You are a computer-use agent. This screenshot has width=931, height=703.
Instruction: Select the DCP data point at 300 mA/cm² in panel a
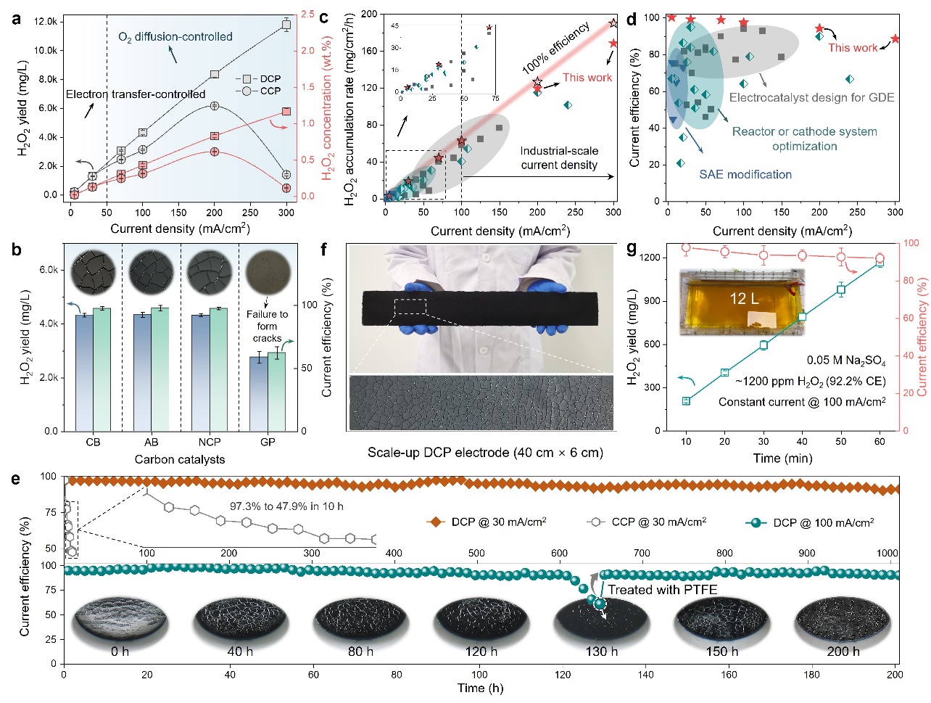[286, 25]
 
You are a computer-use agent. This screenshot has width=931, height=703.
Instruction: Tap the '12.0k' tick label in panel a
[46, 22]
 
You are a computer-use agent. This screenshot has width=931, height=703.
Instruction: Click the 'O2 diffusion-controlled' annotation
[175, 36]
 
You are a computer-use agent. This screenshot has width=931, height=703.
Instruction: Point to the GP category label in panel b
[268, 442]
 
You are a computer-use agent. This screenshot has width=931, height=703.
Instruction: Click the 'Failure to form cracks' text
[267, 326]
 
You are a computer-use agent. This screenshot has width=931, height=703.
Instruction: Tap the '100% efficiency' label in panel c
[556, 49]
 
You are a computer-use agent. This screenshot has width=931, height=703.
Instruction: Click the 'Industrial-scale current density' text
[559, 158]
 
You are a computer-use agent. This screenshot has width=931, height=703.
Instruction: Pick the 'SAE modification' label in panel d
[745, 174]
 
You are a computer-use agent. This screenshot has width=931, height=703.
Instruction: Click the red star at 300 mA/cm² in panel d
[895, 39]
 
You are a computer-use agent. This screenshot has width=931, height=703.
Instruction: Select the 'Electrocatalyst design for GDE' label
[811, 97]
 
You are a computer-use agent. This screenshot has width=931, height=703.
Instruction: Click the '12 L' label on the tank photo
[742, 298]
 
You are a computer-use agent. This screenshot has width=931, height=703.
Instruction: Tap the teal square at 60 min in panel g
[880, 263]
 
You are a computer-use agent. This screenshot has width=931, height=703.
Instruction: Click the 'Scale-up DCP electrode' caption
[485, 453]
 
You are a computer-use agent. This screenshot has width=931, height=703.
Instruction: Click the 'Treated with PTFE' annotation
[662, 590]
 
